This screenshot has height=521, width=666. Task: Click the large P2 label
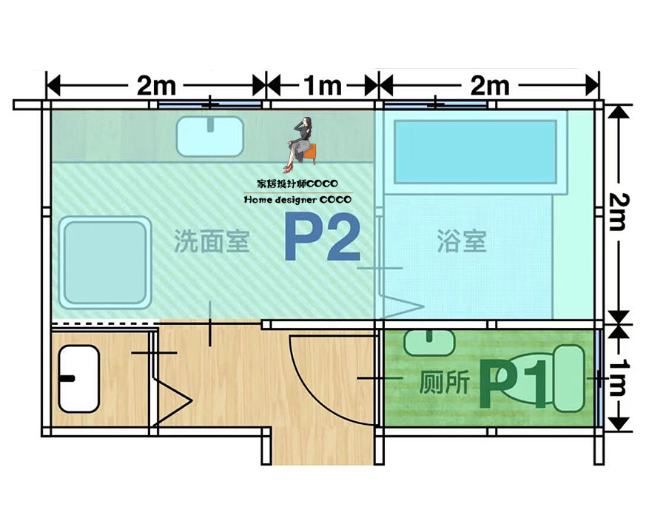click(323, 238)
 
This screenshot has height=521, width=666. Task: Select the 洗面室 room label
click(212, 241)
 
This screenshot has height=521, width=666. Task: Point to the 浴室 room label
click(462, 241)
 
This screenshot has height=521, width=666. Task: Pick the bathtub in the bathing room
click(475, 152)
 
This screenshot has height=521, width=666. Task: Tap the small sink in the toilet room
click(429, 342)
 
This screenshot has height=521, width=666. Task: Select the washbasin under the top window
click(210, 136)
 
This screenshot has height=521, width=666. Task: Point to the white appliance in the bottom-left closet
click(78, 378)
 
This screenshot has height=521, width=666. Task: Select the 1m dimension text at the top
click(322, 86)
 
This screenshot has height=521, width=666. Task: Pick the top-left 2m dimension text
click(156, 86)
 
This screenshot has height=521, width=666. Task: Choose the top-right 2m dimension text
click(489, 86)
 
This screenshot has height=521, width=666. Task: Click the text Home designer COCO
click(298, 200)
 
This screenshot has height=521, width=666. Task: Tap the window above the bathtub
click(434, 104)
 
